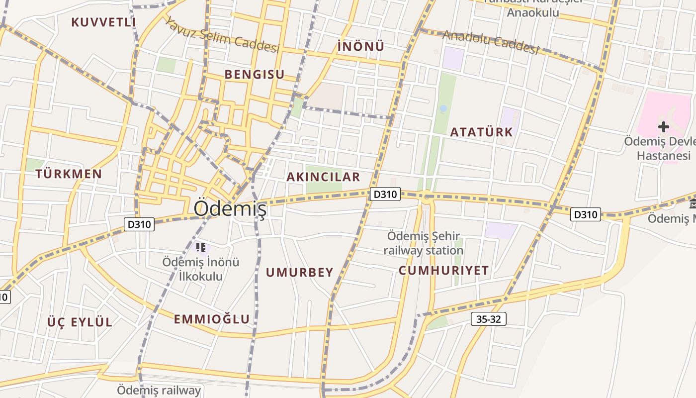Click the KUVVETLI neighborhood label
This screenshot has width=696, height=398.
(103, 22)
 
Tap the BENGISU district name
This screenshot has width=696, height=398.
(255, 75)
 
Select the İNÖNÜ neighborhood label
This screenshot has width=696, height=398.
(361, 46)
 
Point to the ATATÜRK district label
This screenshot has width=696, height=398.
(481, 132)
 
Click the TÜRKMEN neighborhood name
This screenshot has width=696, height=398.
(69, 174)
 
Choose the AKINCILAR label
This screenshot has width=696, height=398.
(323, 177)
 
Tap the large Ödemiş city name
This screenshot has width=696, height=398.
(230, 208)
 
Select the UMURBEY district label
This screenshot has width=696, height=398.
(299, 273)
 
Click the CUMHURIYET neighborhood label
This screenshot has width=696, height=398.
(443, 271)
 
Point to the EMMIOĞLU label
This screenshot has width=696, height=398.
(212, 319)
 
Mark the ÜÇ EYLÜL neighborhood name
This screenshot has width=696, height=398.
(80, 322)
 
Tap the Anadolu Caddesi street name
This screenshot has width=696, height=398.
(491, 42)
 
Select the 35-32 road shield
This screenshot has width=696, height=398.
(488, 319)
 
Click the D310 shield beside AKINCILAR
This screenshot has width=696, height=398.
(385, 194)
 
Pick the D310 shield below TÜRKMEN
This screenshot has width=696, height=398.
(139, 224)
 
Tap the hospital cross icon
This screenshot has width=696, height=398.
(663, 126)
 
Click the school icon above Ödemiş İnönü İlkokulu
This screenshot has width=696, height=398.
(201, 246)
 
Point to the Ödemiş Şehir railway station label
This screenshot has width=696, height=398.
(424, 243)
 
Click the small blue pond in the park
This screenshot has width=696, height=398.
(443, 108)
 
